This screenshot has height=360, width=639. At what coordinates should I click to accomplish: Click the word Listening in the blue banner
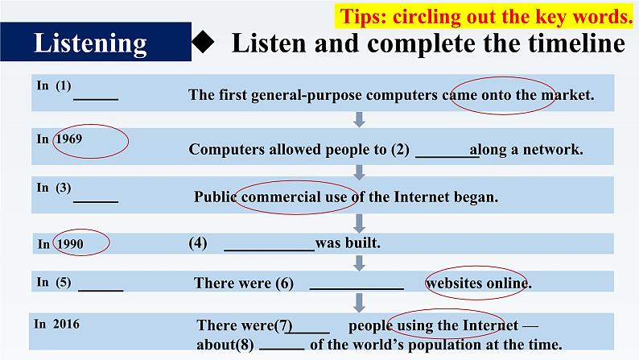coord(90,43)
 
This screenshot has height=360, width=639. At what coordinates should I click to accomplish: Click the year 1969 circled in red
coord(69,138)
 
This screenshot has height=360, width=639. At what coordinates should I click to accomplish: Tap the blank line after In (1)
coord(96,97)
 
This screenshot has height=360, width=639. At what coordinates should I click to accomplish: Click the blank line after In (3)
coord(96,200)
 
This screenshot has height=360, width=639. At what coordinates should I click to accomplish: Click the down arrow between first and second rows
coord(360,119)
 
